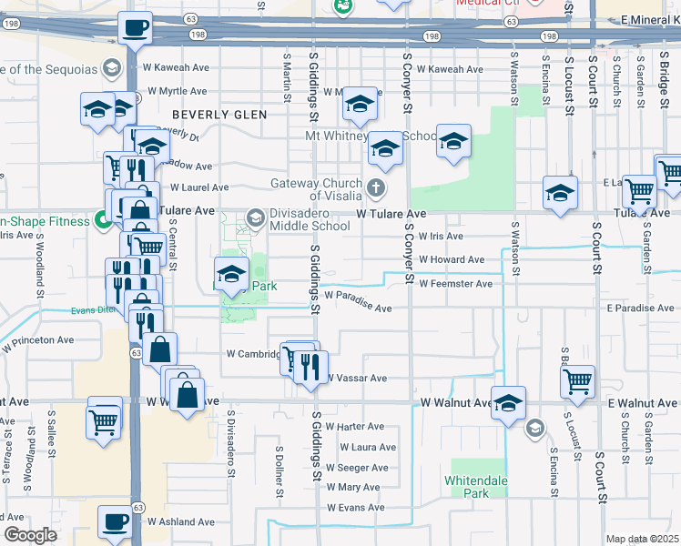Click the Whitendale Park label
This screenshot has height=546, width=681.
(480, 486)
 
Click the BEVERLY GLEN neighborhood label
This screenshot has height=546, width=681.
(219, 115)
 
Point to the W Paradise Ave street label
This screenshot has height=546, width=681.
(358, 301)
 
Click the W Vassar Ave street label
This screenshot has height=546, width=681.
(356, 378)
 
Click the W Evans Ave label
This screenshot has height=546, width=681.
(358, 508)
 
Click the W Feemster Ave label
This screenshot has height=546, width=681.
(455, 284)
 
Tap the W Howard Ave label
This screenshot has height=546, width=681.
(452, 259)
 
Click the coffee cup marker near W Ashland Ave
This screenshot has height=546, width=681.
(115, 522)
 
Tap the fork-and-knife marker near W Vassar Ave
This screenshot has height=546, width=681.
(310, 367)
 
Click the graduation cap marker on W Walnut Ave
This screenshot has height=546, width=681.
(508, 402)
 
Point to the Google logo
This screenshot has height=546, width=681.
(30, 535)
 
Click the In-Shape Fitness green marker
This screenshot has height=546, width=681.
(105, 220)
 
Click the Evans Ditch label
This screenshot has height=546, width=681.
(94, 310)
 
